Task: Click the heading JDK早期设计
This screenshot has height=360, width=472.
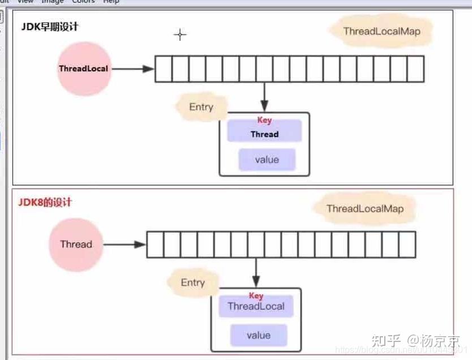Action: pos(50,26)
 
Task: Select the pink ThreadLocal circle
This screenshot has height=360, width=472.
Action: pos(83,69)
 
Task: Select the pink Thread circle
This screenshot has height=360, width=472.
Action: pos(76,245)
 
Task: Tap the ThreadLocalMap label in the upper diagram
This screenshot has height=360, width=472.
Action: pos(381,31)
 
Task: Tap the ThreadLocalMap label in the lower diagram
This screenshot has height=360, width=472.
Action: pos(365,209)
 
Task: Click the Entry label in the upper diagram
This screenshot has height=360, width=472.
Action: pos(201,107)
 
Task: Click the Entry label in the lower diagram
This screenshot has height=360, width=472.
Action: pos(192,282)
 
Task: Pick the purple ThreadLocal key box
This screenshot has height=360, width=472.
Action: pos(256,307)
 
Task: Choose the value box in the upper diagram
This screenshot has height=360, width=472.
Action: pos(267,160)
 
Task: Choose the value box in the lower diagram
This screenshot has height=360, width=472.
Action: pos(258,335)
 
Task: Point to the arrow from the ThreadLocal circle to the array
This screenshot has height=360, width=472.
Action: pos(132,69)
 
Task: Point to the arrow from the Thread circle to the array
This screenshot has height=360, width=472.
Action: pos(125,245)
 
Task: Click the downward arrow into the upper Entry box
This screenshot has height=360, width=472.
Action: pos(264,97)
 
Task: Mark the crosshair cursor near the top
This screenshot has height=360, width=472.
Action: pos(180,35)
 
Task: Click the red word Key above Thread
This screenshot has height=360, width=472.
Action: pos(264,120)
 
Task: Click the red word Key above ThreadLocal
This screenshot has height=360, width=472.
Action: pos(256,295)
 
